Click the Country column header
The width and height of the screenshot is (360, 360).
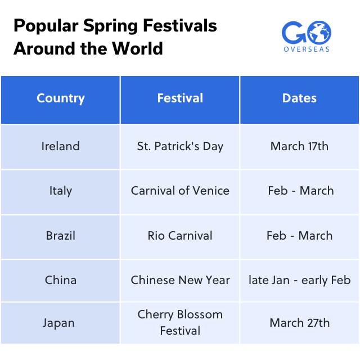60,98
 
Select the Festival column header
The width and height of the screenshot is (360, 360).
180,98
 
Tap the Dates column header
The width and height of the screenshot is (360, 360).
299,98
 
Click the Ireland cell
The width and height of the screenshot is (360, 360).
60,146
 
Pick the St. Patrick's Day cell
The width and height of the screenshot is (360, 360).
180,146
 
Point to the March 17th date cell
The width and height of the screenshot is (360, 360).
299,146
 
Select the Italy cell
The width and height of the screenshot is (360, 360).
60,191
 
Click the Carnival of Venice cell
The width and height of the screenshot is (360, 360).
180,191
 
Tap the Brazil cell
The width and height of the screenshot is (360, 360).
60,236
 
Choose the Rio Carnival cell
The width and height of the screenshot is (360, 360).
180,236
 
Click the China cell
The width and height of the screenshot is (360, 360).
60,280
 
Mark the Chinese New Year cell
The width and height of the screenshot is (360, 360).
180,280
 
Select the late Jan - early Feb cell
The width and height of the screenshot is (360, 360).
299,280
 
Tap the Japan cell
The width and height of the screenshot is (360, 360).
60,323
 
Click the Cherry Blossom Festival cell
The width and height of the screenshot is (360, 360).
180,322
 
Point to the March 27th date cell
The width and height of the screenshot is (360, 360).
299,323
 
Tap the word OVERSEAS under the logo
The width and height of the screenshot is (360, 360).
307,49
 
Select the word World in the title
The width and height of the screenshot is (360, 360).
137,48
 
